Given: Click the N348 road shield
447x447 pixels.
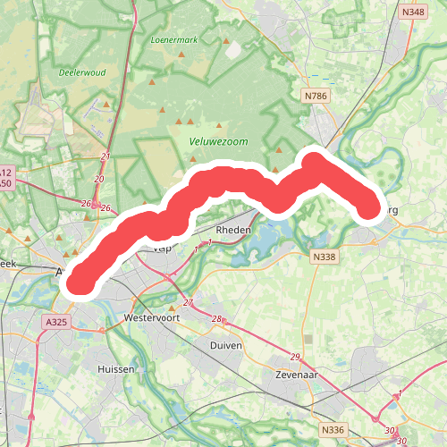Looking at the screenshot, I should pyautogui.click(x=412, y=13).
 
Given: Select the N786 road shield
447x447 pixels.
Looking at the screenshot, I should pyautogui.click(x=316, y=96).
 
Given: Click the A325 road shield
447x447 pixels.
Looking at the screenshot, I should pyautogui.click(x=55, y=321).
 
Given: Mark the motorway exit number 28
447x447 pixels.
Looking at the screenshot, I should pyautogui.click(x=216, y=319).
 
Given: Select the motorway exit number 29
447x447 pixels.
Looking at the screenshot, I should pyautogui.click(x=295, y=358).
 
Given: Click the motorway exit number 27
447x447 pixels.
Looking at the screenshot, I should pyautogui.click(x=188, y=302).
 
